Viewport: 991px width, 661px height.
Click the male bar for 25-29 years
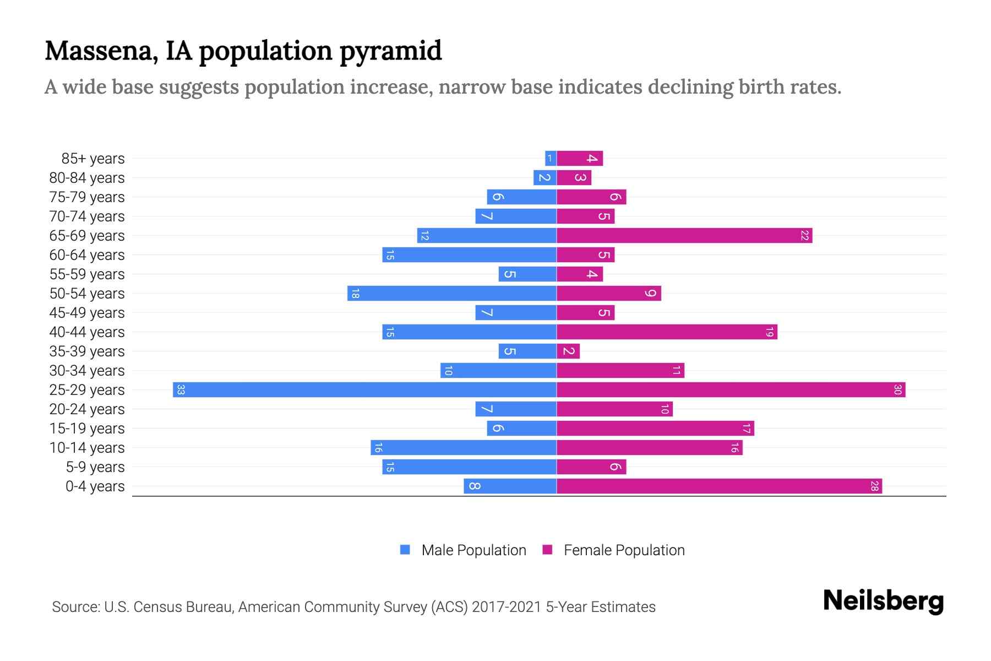pos(364,390)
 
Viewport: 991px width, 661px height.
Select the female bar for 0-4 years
pos(718,486)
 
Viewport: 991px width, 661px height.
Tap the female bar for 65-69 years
pos(684,236)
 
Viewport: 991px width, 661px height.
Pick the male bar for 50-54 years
pos(451,294)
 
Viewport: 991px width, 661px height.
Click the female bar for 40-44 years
pos(667,332)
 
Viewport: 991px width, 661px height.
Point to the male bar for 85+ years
pos(551,159)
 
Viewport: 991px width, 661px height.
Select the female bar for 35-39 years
pos(568,351)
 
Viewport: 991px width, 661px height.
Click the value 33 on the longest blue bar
pos(181,390)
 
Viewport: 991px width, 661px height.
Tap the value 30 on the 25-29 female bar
pos(897,390)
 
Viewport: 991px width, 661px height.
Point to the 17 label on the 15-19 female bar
pos(746,429)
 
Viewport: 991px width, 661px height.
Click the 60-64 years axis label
pos(87,255)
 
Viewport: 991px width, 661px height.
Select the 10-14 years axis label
pos(87,448)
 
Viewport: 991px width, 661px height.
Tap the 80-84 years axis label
pos(87,178)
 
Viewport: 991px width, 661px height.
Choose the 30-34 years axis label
pos(87,371)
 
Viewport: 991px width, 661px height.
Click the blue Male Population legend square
pos(405,550)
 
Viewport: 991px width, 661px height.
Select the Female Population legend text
pos(624,550)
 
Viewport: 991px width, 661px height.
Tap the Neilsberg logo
pos(883,601)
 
